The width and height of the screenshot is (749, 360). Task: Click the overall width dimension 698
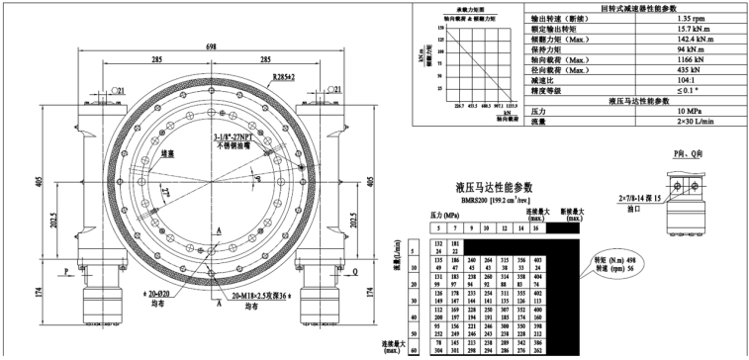tap(212, 46)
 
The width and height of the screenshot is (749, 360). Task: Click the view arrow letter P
tap(64, 269)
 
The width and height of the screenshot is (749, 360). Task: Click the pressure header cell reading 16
tap(535, 227)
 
